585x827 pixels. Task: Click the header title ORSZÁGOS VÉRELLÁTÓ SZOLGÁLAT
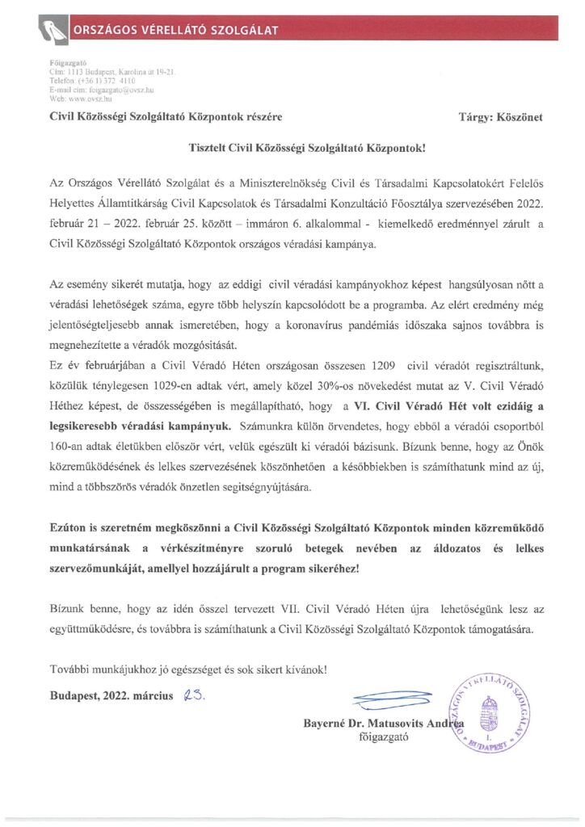point(175,31)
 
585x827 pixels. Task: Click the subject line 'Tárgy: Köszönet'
point(500,117)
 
